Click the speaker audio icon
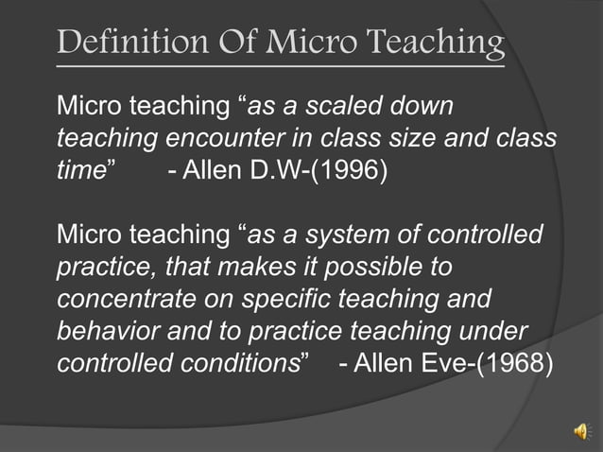(x=579, y=431)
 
